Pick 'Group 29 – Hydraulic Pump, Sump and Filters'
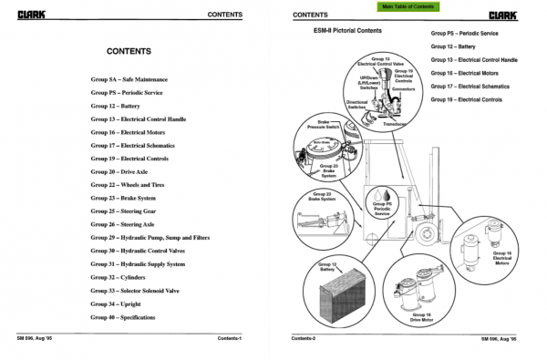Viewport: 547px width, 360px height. (150, 238)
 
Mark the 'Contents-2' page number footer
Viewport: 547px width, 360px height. (304, 338)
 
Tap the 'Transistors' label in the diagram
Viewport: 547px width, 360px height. (395, 124)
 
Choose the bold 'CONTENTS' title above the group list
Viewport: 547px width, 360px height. (135, 51)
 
